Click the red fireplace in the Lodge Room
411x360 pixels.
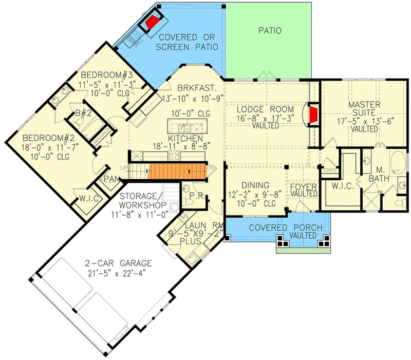click(x=313, y=113)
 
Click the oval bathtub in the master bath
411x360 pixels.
click(x=399, y=162)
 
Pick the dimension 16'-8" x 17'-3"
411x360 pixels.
click(x=265, y=118)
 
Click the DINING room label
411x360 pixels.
click(x=255, y=185)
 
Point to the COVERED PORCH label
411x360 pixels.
click(x=278, y=228)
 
